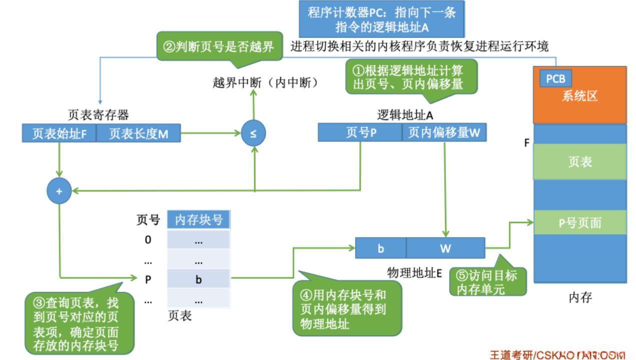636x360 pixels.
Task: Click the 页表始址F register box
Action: (59, 133)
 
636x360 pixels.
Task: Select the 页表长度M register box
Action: (139, 133)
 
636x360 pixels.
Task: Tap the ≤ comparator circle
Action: (253, 133)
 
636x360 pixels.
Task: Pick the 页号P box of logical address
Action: (360, 132)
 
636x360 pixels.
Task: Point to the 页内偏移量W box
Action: (444, 132)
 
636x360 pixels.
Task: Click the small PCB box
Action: (555, 79)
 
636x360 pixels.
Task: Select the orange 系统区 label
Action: (580, 96)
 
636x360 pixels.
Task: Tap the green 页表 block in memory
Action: (580, 161)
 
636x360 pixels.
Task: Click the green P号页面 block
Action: (580, 222)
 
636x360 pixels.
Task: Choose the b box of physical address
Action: (381, 248)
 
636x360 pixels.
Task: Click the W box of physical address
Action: (445, 248)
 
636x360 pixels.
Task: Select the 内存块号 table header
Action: (199, 220)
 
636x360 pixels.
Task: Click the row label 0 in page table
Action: (148, 240)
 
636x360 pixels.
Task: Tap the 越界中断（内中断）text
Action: (266, 83)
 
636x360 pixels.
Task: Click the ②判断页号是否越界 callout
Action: (219, 46)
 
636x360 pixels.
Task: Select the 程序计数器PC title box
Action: (381, 19)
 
